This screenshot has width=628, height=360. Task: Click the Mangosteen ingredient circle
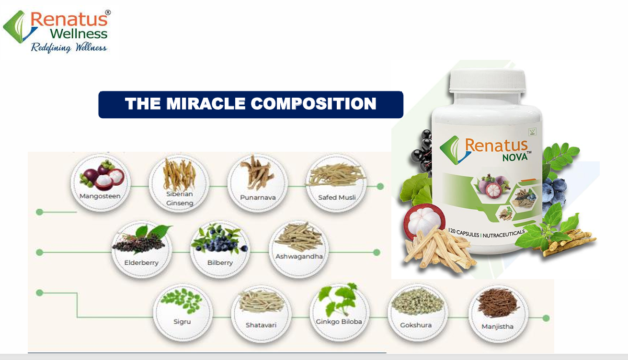(x=101, y=183)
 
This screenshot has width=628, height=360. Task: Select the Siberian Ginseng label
(x=180, y=198)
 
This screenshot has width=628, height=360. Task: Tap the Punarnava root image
(x=257, y=172)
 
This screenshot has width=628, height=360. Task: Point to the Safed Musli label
(x=337, y=197)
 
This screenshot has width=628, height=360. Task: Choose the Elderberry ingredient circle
(x=142, y=249)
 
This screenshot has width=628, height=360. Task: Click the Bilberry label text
(x=220, y=263)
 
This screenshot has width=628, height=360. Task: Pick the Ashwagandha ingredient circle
(x=299, y=249)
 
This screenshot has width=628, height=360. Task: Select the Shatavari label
(x=261, y=325)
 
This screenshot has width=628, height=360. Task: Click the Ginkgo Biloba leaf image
(x=338, y=300)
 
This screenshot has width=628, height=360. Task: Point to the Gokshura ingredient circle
(x=417, y=313)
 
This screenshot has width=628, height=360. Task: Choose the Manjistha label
(x=497, y=326)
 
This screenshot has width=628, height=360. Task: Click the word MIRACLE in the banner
(x=206, y=104)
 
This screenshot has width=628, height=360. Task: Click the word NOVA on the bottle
(x=515, y=157)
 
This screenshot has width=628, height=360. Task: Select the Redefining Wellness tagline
(x=69, y=47)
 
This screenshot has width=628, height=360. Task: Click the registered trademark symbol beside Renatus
(x=108, y=12)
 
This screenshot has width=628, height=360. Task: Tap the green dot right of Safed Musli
(x=380, y=186)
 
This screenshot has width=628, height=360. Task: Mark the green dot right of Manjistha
(x=546, y=318)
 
